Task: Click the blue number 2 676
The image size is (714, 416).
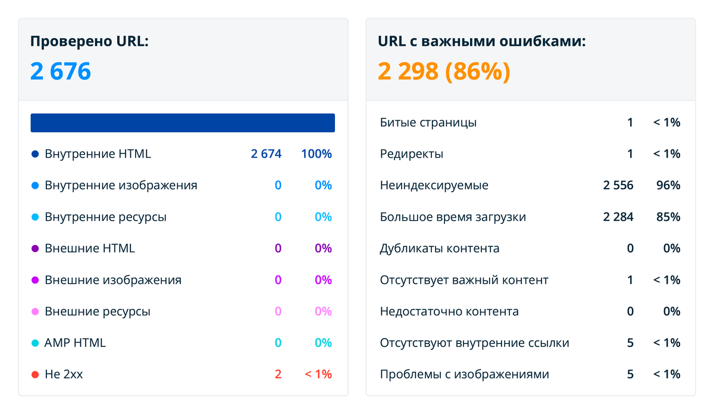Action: point(61,72)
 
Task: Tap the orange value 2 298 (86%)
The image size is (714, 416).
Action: point(444,72)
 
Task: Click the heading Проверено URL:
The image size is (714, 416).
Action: point(89,42)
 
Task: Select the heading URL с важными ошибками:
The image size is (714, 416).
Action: point(481,42)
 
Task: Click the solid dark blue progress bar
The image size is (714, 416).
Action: point(183,123)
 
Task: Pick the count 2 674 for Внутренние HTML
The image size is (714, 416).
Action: point(266,154)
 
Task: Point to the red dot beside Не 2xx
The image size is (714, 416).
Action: point(35,374)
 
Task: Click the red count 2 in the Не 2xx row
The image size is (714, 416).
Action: point(278,374)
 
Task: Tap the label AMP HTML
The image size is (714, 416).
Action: point(75,343)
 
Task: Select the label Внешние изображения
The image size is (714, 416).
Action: point(113,280)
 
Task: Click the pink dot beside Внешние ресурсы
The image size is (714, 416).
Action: point(35,311)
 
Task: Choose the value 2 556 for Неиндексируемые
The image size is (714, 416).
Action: point(618,185)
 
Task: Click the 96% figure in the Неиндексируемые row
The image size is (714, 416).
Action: point(668,185)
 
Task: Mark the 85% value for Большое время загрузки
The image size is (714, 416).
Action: point(668,217)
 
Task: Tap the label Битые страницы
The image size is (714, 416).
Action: point(428,123)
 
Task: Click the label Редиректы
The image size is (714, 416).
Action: point(411,154)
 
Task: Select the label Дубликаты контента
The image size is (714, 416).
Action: point(439,248)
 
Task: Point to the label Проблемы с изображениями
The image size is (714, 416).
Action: point(464,374)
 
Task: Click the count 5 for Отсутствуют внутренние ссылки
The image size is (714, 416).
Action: point(630,343)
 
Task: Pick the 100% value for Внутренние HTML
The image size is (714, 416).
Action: point(317,154)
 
